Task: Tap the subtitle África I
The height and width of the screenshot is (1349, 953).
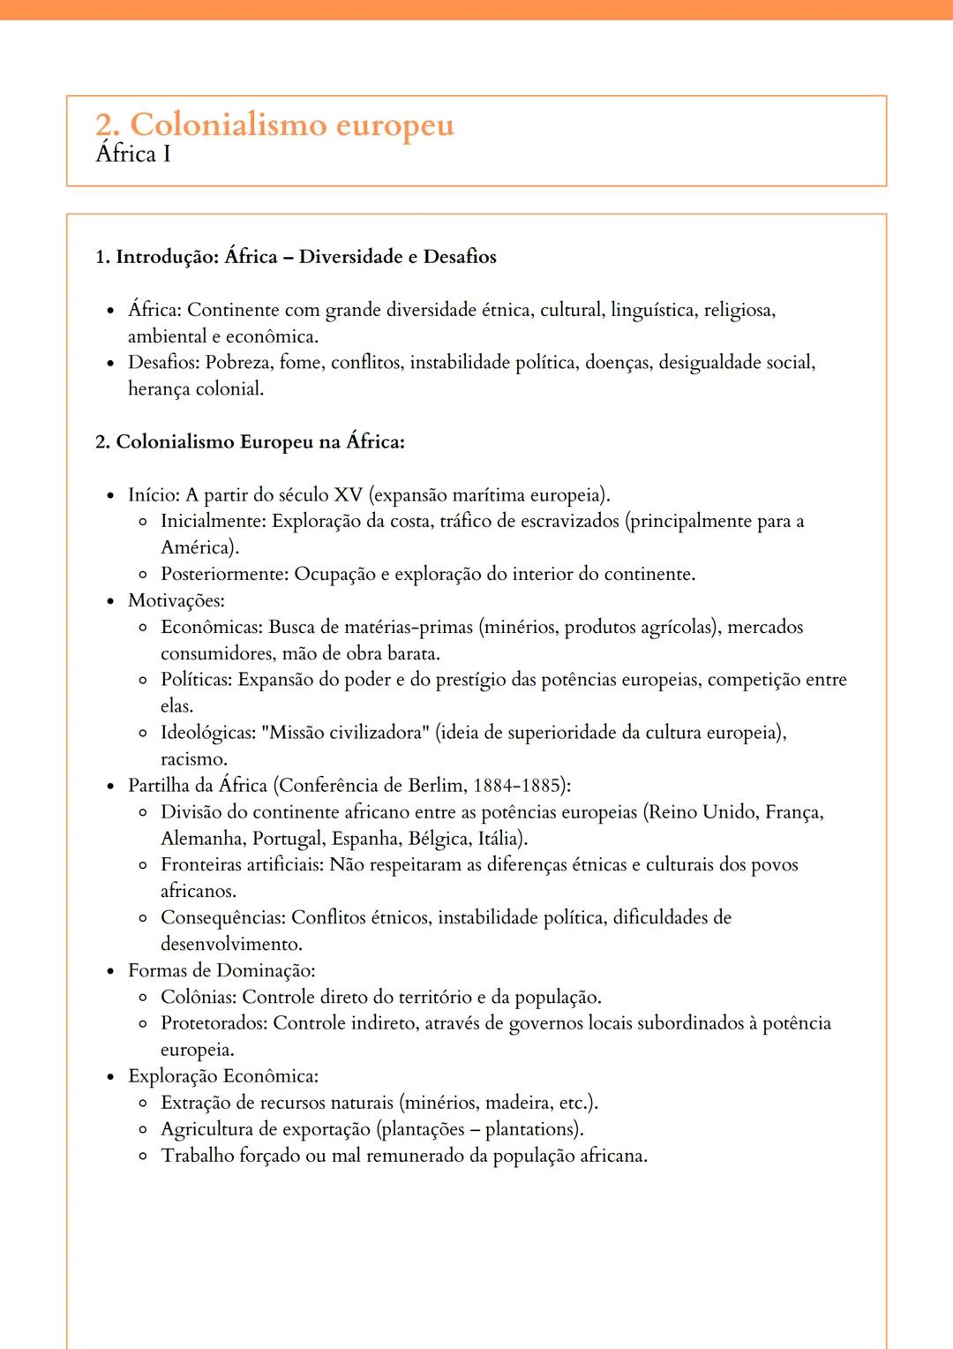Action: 133,154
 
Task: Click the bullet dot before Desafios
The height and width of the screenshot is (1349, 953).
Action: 110,364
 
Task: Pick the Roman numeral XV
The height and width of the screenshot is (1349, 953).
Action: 348,495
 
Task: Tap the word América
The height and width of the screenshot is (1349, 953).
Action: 199,548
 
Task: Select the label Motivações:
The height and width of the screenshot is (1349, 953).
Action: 176,601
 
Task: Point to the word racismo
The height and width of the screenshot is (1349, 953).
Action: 193,759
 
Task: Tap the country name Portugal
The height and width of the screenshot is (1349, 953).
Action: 287,839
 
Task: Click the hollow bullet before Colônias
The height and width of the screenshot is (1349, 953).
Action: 143,998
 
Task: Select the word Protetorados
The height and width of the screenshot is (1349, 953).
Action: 213,1024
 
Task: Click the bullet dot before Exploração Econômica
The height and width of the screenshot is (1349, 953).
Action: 110,1077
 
